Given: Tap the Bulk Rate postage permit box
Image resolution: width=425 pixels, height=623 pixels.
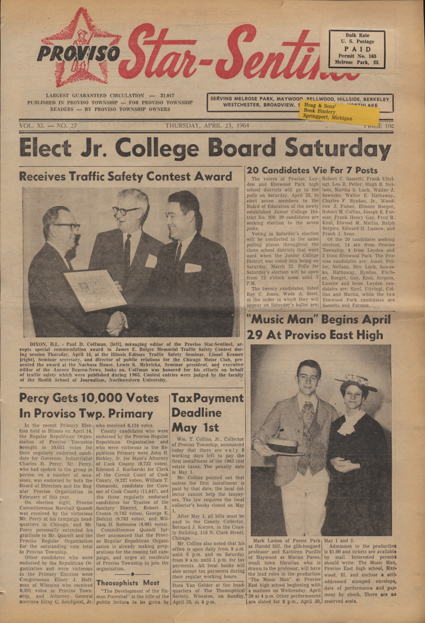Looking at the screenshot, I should click(x=357, y=49).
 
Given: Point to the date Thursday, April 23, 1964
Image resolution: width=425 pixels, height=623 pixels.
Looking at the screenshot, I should click(x=207, y=125).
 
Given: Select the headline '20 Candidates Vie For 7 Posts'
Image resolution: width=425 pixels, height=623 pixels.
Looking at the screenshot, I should click(x=312, y=170).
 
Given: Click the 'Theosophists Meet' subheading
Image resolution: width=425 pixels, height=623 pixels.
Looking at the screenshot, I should click(x=128, y=583).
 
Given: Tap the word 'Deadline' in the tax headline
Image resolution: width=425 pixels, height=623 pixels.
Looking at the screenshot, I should click(x=196, y=413).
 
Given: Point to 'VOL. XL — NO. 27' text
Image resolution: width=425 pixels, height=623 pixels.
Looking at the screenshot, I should click(x=48, y=125).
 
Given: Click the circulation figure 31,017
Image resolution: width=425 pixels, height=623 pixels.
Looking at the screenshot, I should click(x=167, y=96).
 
